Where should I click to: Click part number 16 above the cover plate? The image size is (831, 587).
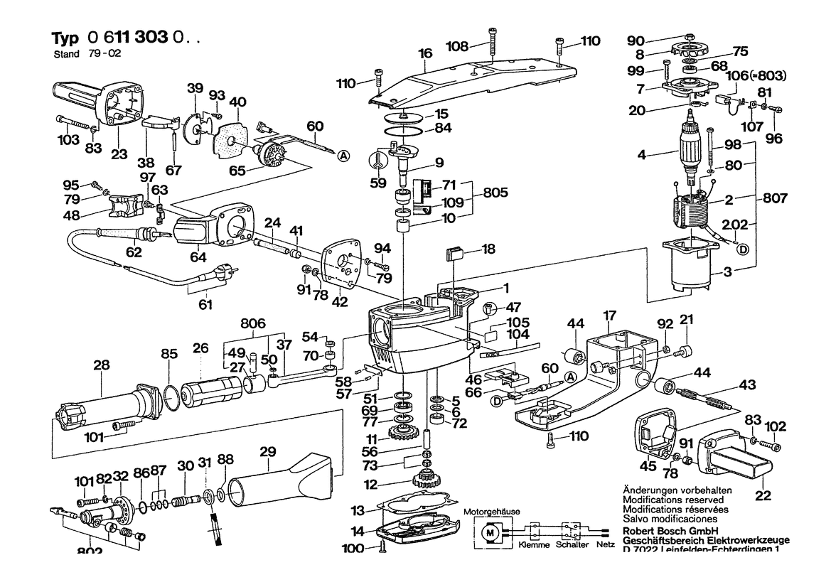425,53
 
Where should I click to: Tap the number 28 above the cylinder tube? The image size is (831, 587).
102,365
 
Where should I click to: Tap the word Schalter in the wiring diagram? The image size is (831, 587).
573,545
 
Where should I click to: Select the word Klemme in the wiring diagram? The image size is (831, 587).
533,545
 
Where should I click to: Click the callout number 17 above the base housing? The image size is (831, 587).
609,314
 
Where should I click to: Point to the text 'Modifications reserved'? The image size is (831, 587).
665,500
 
